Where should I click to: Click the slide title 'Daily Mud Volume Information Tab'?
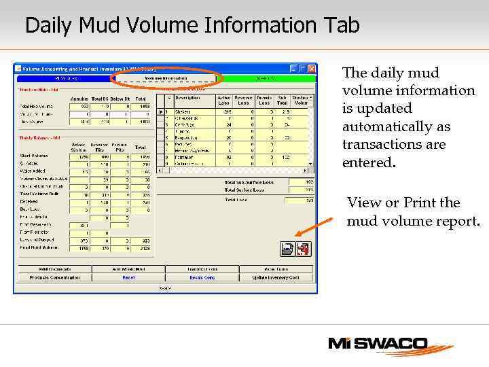point(192,26)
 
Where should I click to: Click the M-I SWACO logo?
point(390,345)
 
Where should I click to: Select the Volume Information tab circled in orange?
point(166,78)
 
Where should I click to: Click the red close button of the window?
point(312,69)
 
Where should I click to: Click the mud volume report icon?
point(288,249)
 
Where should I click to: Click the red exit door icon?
point(303,249)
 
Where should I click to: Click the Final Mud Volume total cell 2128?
point(141,247)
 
